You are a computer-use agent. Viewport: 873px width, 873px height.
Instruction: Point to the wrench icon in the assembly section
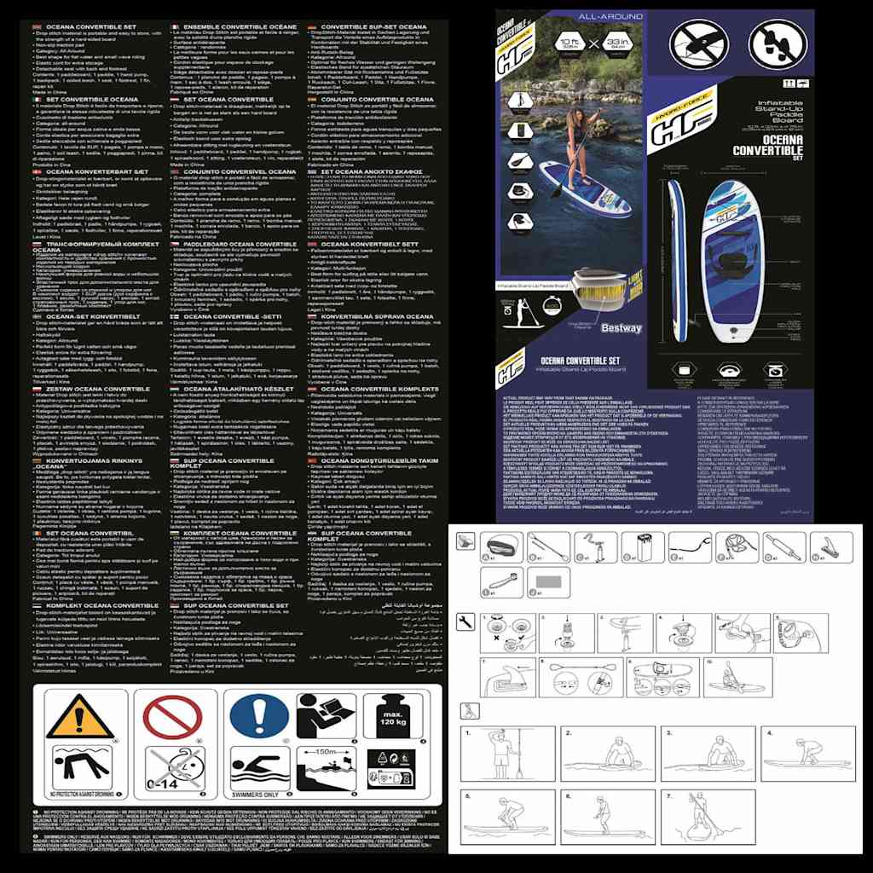pyautogui.click(x=465, y=622)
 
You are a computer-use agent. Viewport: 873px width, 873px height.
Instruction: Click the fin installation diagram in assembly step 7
pyautogui.click(x=507, y=678)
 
